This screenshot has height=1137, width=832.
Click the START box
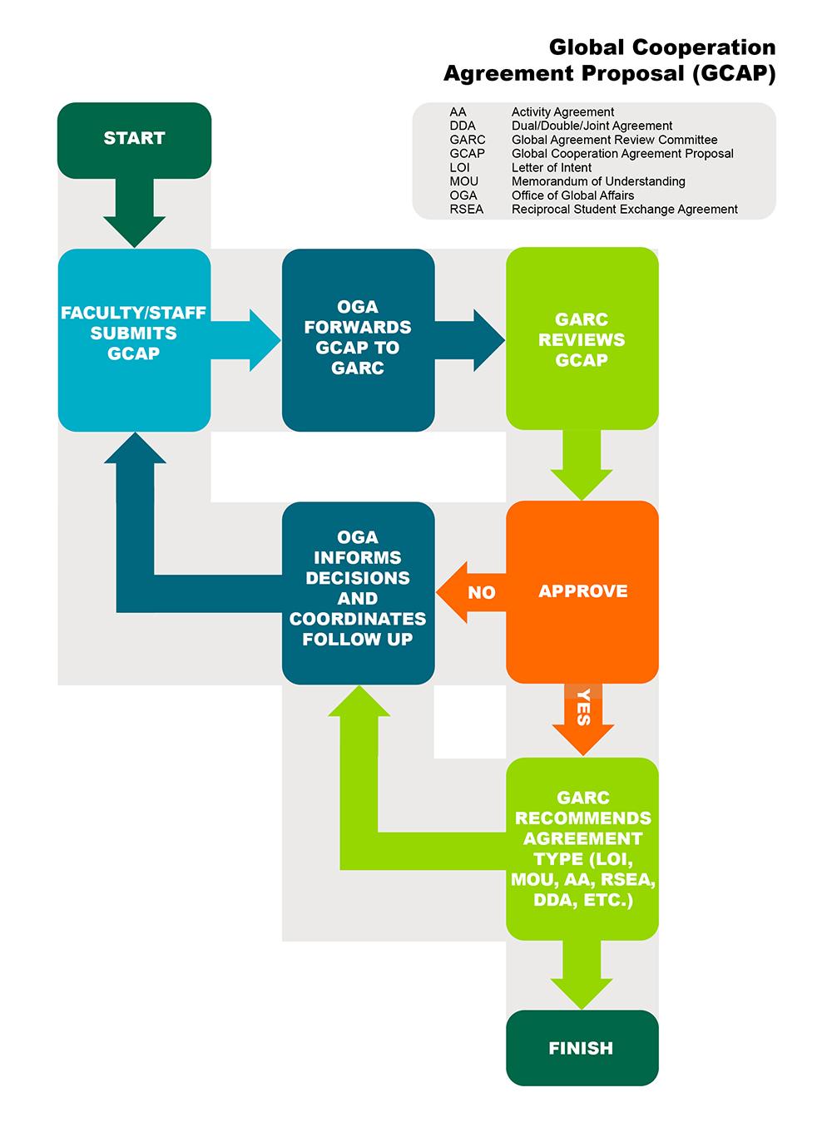pos(134,139)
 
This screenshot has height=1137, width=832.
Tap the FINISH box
pos(582,1048)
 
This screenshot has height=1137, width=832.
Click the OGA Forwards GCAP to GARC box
pos(358,339)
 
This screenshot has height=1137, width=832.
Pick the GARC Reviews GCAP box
pos(582,339)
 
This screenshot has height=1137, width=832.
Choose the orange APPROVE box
pos(582,591)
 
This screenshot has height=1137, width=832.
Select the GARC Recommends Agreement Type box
pos(582,848)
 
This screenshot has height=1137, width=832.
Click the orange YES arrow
pos(582,715)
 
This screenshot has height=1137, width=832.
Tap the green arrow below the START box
pos(134,212)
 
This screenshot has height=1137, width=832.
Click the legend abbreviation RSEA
pos(467,210)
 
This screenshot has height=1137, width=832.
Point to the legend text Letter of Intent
pos(552,167)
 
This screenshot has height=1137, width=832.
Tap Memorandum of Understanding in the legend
pos(598,181)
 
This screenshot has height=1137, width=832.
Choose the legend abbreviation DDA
pos(463,126)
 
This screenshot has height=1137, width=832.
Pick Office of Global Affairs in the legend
pos(572,195)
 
